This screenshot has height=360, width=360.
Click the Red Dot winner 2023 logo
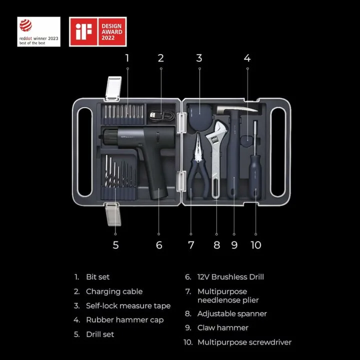pos(38,31)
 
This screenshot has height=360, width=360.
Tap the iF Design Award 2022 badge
pos(97,31)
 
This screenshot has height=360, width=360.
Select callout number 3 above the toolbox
pos(199,58)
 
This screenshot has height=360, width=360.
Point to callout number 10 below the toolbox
pos(255,245)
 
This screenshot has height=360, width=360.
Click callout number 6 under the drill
pos(159,245)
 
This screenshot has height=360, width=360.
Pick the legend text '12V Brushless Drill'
pos(230,277)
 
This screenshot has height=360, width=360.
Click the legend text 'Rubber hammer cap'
pos(124,320)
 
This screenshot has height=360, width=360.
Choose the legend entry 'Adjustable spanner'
pos(232,314)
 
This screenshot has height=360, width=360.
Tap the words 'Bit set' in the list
pos(97,277)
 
